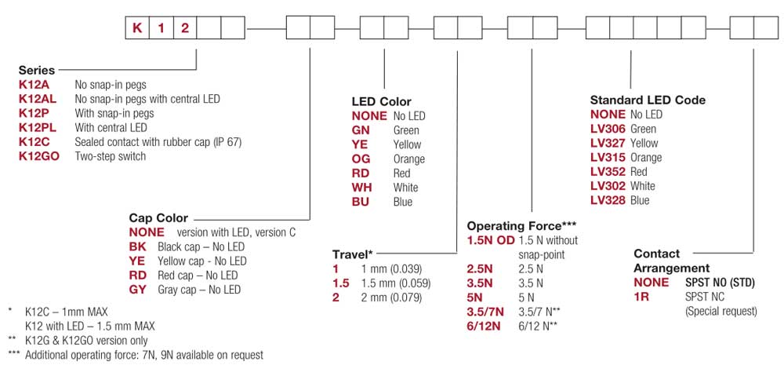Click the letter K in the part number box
(x=137, y=29)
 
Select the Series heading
(x=37, y=70)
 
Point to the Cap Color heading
(x=158, y=217)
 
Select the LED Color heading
(x=381, y=102)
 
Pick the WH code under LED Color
(x=362, y=188)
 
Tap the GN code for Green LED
(x=361, y=130)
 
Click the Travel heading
(x=353, y=254)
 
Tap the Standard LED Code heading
(x=648, y=100)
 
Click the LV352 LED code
(x=608, y=172)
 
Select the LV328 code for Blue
(x=608, y=200)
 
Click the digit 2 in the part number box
(x=185, y=29)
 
